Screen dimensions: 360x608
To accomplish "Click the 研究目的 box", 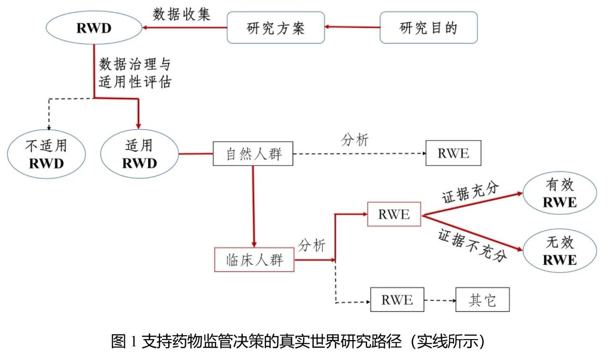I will tap(428, 28).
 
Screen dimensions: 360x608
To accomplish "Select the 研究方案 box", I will tap(276, 28).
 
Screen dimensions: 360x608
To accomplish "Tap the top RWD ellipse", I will tap(94, 28).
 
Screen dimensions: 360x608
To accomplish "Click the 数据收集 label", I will tap(182, 14).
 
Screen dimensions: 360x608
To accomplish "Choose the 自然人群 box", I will tap(252, 153).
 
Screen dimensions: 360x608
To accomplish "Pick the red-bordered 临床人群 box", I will tap(254, 260).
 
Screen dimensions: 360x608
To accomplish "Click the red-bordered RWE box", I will tap(394, 214).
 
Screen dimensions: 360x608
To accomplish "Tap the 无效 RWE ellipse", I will tap(560, 251).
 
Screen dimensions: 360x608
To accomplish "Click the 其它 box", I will tap(482, 300).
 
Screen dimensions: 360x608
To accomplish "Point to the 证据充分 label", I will tap(470, 192).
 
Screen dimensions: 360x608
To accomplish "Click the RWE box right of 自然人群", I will tap(453, 153).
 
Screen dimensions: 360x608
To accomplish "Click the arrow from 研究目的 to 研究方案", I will tap(352, 28).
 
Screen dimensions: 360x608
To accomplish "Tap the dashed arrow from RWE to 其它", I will tap(440, 300).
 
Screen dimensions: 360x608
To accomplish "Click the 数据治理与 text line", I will tap(134, 64).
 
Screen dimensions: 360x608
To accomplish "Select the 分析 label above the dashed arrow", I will tap(354, 141).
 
